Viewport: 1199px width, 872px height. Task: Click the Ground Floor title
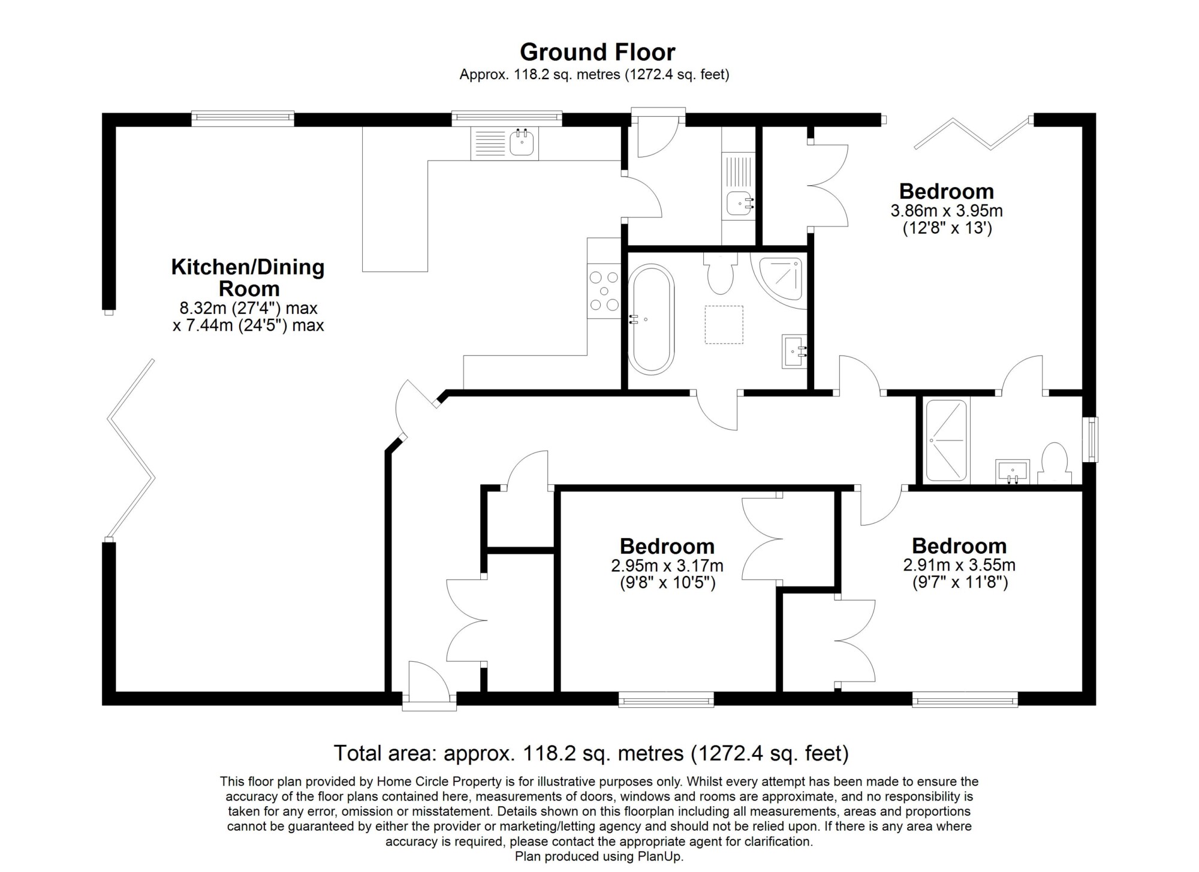point(597,52)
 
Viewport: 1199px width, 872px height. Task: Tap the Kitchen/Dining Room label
point(248,277)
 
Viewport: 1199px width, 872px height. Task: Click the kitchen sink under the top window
point(505,143)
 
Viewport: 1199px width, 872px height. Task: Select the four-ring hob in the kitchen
point(604,291)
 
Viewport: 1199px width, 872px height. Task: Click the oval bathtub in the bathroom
point(650,320)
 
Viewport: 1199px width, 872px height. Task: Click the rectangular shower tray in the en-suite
point(947,440)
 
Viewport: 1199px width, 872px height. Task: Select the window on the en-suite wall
point(1093,439)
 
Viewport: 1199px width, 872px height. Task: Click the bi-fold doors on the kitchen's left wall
point(130,450)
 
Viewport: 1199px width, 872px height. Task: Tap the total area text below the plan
point(591,753)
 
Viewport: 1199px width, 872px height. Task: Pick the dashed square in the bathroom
point(724,324)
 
